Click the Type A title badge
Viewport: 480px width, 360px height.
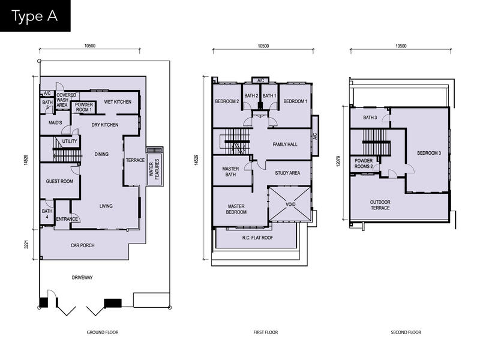click(35, 16)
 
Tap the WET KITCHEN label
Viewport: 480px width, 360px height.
click(118, 101)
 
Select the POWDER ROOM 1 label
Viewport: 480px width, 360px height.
click(84, 107)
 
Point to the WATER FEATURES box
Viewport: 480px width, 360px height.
click(155, 167)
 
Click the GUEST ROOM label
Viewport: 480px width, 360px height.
click(59, 181)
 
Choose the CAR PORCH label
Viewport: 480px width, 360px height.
click(82, 245)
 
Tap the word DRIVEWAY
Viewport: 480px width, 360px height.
click(82, 277)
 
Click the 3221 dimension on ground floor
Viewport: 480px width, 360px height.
click(26, 245)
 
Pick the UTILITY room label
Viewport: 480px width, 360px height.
click(70, 141)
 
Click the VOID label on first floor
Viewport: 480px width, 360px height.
click(290, 204)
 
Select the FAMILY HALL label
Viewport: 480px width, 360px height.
click(285, 144)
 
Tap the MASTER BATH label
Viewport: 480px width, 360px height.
click(230, 172)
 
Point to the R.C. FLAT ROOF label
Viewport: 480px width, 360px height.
click(257, 238)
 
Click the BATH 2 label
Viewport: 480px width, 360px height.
click(251, 95)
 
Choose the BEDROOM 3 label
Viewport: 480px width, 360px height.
click(429, 153)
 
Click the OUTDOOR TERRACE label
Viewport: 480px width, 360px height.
click(380, 205)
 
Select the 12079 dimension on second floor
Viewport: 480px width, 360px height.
click(338, 161)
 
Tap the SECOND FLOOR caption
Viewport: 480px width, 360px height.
click(406, 332)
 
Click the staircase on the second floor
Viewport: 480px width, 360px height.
click(376, 142)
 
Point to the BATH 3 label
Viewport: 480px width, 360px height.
click(370, 117)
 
